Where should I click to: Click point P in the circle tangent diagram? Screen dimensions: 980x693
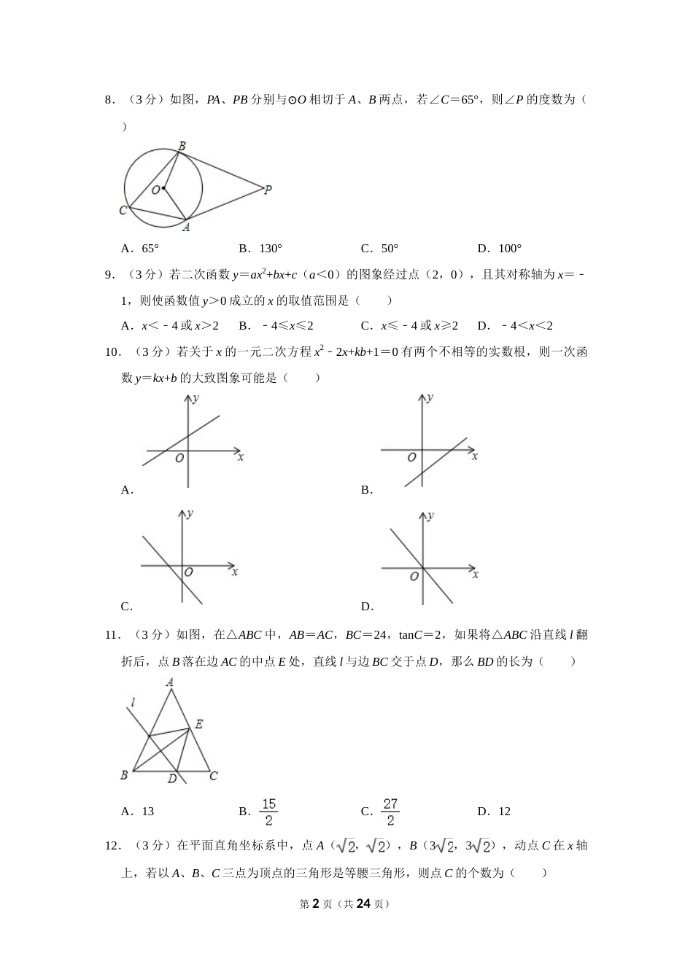268,190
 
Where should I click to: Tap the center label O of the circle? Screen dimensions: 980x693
155,190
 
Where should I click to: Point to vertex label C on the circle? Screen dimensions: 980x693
123,211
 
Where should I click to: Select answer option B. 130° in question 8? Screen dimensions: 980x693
260,248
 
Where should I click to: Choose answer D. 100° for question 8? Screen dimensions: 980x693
500,248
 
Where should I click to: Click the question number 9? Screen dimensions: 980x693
110,274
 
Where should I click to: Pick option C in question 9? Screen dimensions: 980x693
409,326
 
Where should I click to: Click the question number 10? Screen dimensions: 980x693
113,352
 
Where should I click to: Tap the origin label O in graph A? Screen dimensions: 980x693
179,458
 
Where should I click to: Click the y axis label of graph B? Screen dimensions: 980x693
430,398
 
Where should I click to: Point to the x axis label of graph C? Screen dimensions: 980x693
235,572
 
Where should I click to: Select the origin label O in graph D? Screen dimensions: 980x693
414,576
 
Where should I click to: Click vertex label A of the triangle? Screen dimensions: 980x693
170,682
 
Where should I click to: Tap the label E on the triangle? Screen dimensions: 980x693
198,724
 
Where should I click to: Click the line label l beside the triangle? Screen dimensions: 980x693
132,703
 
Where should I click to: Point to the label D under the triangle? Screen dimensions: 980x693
172,779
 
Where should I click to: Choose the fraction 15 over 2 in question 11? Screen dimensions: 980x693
268,812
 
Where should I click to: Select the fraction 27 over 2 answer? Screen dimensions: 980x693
390,812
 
